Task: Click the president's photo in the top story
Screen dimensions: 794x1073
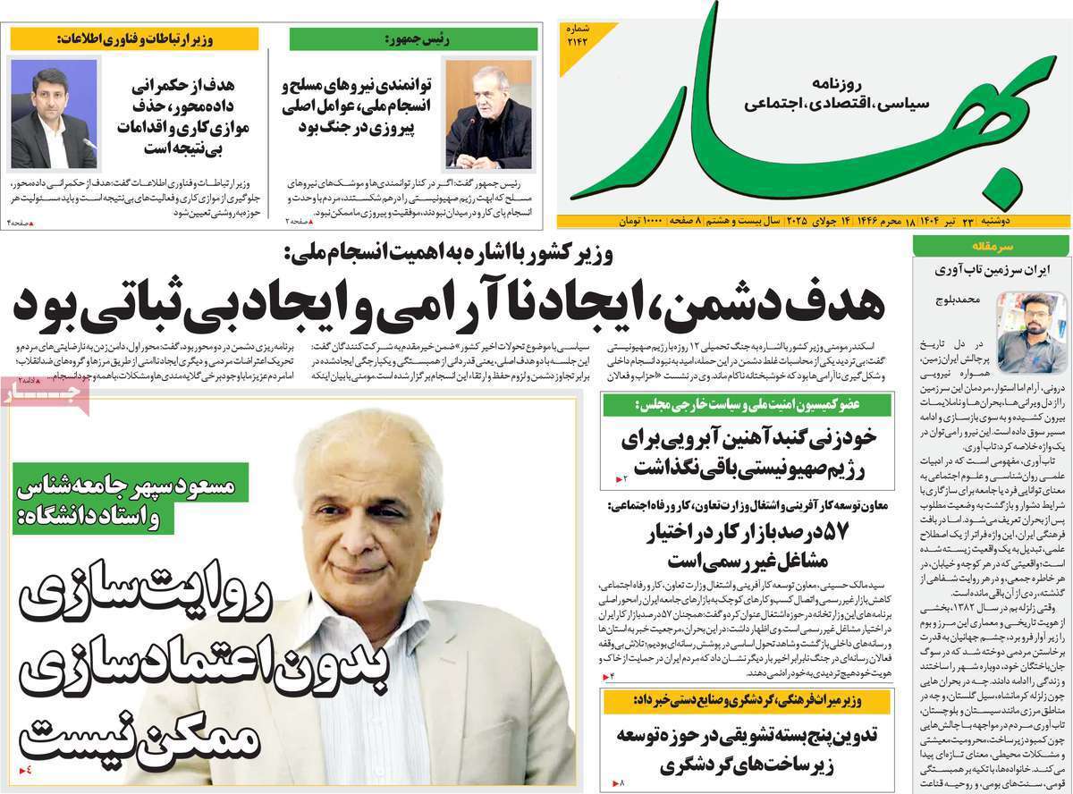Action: point(487,114)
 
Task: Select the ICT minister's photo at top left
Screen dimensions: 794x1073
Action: point(54,114)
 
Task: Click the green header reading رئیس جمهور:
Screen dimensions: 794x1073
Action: point(414,38)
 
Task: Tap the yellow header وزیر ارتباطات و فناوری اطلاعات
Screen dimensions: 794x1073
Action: point(134,38)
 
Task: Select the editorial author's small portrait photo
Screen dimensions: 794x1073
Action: point(1031,319)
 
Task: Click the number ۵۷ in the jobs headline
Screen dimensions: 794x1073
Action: point(838,531)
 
